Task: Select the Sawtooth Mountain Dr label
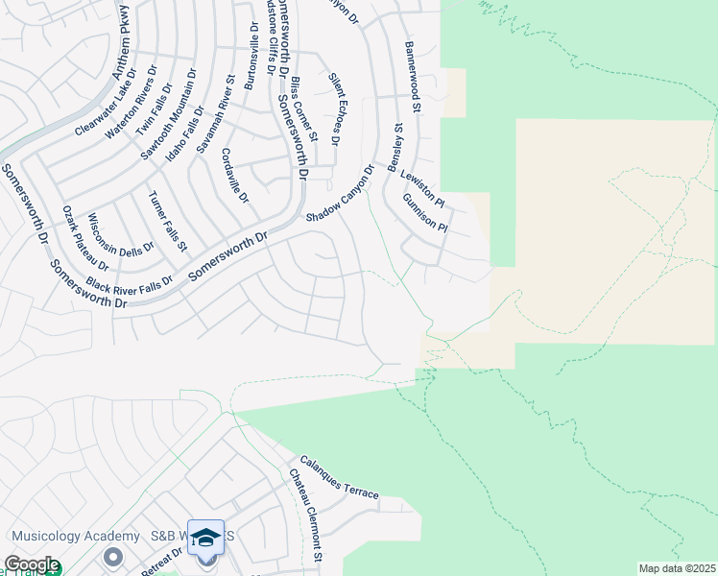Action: (x=169, y=112)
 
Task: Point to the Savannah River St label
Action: (x=216, y=115)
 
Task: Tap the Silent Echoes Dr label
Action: (x=334, y=108)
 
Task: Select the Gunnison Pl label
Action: (x=425, y=213)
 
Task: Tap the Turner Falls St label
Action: (x=166, y=222)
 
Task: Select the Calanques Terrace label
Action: (x=339, y=477)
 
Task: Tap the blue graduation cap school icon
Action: (x=205, y=538)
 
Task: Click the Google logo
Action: (x=31, y=564)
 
